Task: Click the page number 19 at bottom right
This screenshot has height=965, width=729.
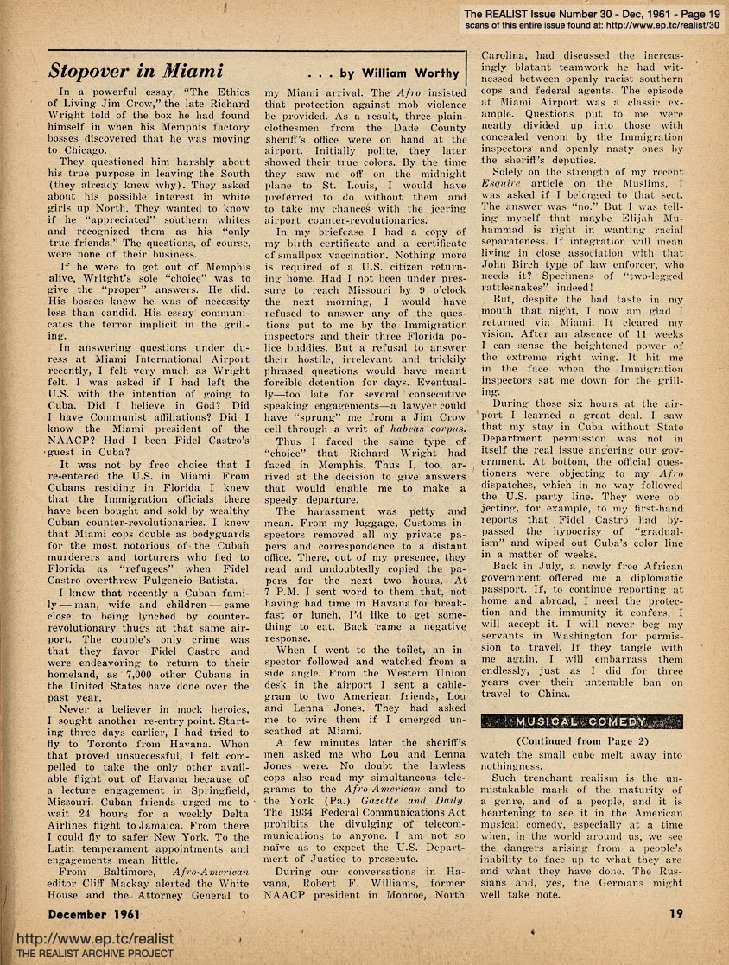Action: coord(672,912)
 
